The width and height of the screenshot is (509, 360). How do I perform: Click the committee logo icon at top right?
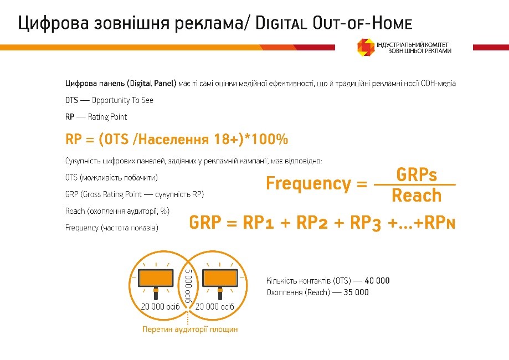(x=366, y=47)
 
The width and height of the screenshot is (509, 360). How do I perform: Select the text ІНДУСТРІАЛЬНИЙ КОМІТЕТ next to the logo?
(x=412, y=44)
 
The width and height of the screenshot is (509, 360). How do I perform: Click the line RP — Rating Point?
(x=96, y=117)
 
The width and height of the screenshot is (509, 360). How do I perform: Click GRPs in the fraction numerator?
(x=417, y=175)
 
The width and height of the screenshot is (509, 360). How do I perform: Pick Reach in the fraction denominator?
(x=417, y=196)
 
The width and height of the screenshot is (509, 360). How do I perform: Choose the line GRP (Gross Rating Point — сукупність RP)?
(x=135, y=194)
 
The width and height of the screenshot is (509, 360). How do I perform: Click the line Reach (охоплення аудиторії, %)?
(x=117, y=211)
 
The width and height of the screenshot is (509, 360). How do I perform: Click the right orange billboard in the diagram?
(x=220, y=276)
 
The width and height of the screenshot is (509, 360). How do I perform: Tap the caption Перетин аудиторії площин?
(x=190, y=330)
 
